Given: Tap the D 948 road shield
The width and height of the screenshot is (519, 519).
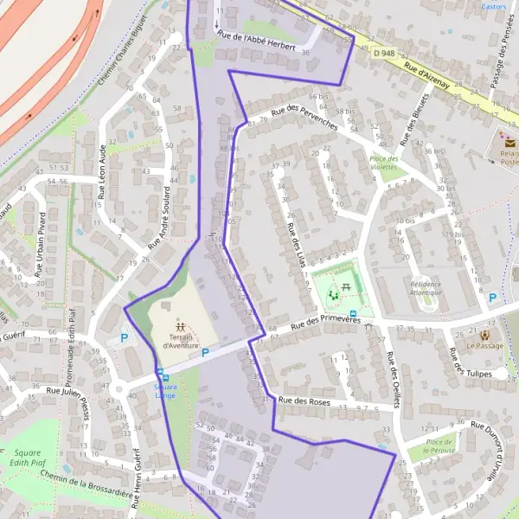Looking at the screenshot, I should [386, 54].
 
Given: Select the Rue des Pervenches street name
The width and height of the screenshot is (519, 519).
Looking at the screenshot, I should [304, 116].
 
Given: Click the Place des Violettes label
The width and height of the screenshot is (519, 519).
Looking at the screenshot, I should [384, 163].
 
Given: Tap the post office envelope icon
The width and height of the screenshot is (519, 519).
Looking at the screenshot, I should [509, 143].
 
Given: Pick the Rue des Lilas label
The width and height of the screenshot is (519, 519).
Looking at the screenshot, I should [295, 240].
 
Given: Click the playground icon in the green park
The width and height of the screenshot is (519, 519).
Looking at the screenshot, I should [334, 296].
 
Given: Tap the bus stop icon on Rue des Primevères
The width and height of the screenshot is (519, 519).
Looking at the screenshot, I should [352, 314].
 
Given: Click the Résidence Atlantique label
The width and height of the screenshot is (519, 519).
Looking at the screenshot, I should [426, 288].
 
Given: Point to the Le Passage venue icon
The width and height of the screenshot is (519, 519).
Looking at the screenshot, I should [484, 334].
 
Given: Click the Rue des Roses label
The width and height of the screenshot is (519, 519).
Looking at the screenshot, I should [304, 401].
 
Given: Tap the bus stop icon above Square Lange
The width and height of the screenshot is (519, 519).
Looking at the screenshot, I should [160, 375].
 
